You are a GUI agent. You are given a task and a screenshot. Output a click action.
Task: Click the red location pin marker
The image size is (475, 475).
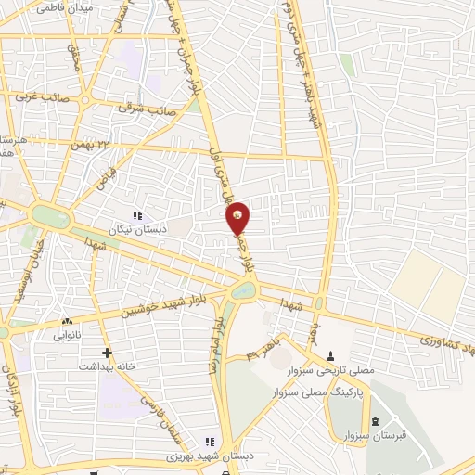pyautogui.click(x=238, y=218)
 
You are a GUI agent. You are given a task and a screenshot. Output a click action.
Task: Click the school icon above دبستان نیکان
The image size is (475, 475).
pyautogui.click(x=138, y=215)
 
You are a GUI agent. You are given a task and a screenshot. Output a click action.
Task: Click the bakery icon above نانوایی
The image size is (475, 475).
pyautogui.click(x=66, y=321)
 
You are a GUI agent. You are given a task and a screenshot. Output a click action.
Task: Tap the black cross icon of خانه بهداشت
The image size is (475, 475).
pyautogui.click(x=108, y=353)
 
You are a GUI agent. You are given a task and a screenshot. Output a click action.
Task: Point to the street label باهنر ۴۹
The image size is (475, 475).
pyautogui.click(x=263, y=352)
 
